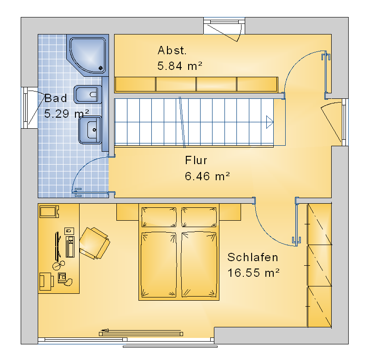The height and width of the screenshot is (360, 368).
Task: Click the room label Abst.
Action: coord(172,51)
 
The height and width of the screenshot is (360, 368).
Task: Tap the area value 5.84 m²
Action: coord(180,66)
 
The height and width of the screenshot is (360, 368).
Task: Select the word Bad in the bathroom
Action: coord(56,98)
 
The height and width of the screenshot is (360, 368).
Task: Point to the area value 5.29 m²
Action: coord(67,114)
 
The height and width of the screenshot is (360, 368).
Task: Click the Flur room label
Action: coord(196,160)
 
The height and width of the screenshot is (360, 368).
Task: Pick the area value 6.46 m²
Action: coord(207,176)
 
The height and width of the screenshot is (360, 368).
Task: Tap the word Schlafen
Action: coord(253,257)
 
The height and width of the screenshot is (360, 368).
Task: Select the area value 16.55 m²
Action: coord(253,273)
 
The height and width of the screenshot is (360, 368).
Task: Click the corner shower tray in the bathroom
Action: coord(87,55)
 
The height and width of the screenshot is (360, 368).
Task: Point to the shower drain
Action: coord(101,68)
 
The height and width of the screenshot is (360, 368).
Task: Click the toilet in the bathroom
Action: coord(88,95)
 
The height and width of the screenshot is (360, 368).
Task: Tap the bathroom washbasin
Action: coord(90,130)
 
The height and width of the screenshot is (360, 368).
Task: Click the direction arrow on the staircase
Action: coord(270,122)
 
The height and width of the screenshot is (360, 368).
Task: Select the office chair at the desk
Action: coord(95,243)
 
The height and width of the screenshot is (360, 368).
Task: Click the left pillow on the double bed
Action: coord(159,217)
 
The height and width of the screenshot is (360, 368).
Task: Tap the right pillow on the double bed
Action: coord(199,217)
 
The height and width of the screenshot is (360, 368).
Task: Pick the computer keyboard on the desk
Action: coord(57,246)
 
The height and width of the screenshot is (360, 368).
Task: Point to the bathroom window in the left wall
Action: coord(25,108)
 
